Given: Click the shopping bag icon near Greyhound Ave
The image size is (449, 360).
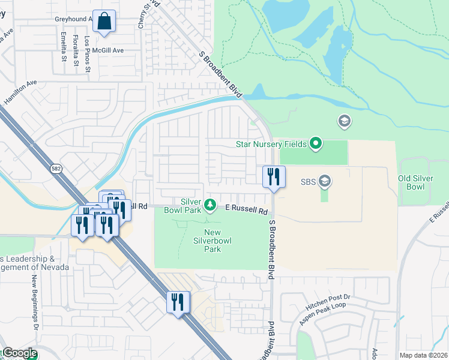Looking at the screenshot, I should [x=104, y=21].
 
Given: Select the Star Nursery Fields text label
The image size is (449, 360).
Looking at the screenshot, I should [x=270, y=144].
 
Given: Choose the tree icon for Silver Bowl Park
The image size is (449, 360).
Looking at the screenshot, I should [x=210, y=206].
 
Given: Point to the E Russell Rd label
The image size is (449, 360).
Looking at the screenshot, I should [x=246, y=210].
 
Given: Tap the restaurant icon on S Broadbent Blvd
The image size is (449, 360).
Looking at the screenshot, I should [x=274, y=176].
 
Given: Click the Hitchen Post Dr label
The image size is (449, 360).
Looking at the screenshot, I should [x=327, y=305].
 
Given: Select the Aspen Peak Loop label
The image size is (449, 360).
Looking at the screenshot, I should [x=324, y=314].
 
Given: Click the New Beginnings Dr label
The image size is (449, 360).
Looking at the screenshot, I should [x=35, y=303].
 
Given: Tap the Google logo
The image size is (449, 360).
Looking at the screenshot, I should [x=19, y=353].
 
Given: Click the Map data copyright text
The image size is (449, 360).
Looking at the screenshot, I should [x=423, y=355].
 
